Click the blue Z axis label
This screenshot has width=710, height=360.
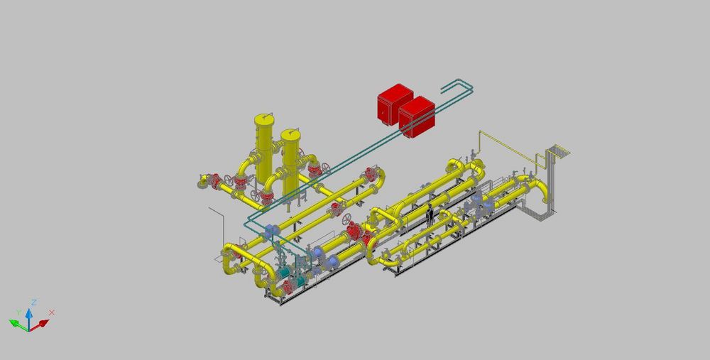34,302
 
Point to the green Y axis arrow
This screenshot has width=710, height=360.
18,324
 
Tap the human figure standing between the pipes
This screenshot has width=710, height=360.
430,215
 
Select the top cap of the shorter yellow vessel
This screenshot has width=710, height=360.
290,135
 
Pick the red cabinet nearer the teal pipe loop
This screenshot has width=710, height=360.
417,116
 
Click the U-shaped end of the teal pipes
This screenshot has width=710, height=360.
458,86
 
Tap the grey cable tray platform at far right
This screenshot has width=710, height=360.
559,151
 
